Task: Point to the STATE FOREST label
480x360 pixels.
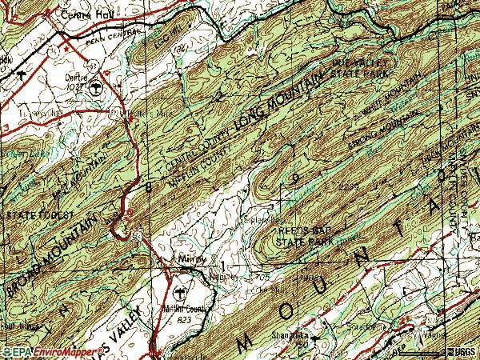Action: click(x=39, y=216)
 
